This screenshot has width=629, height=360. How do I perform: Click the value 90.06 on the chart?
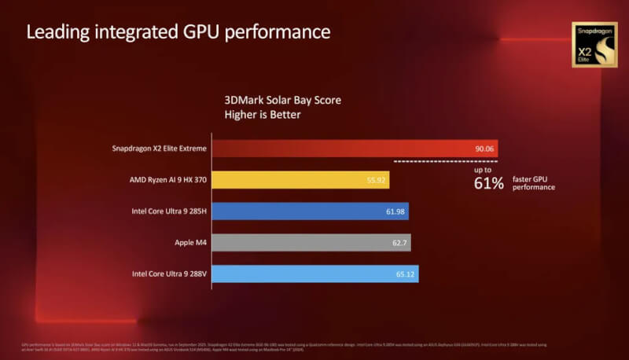[484, 149]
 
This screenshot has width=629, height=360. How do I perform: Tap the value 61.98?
[395, 211]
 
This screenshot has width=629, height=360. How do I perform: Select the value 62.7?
[400, 242]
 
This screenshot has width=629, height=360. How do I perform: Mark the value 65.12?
[406, 274]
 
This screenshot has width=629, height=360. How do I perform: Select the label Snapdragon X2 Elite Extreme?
[158, 149]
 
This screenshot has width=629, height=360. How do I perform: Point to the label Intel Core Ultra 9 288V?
[166, 274]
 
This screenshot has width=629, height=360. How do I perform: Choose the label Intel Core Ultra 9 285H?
[166, 211]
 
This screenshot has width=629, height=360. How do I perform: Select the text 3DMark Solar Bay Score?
[283, 101]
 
